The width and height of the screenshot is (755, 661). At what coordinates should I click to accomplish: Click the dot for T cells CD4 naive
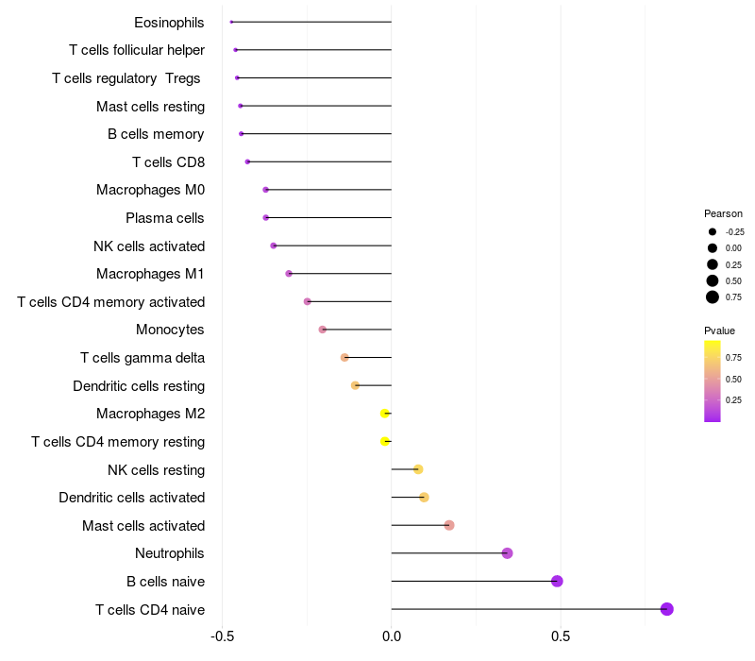667,609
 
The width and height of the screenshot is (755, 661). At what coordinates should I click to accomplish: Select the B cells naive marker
557,581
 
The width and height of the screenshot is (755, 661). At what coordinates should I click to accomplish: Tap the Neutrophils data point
508,553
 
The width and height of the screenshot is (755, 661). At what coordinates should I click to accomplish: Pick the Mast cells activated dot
449,525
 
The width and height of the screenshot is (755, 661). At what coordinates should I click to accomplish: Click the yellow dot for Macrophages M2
384,414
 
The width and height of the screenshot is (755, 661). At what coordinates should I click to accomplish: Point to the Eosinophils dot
231,22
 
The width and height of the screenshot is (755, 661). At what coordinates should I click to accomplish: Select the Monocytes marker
323,330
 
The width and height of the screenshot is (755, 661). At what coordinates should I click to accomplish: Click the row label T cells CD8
168,162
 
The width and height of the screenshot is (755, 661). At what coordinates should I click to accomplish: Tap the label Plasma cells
164,218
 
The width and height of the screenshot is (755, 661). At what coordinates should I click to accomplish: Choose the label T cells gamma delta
143,358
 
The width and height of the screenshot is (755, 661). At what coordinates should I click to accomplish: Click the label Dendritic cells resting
139,386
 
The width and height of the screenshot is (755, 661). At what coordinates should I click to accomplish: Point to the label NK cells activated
149,246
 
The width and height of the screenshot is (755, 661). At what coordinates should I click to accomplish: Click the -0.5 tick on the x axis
222,636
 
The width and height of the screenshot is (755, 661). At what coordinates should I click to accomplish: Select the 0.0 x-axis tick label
392,636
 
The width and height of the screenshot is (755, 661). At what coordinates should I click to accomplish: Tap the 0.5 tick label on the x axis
561,636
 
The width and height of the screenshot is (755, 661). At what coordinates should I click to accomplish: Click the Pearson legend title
723,213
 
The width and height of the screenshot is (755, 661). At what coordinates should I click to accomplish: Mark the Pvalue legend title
719,330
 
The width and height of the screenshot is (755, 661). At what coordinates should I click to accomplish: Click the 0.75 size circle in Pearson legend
713,297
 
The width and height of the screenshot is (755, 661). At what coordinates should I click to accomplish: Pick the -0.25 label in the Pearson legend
734,231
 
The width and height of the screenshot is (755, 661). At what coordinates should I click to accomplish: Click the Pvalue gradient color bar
713,381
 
